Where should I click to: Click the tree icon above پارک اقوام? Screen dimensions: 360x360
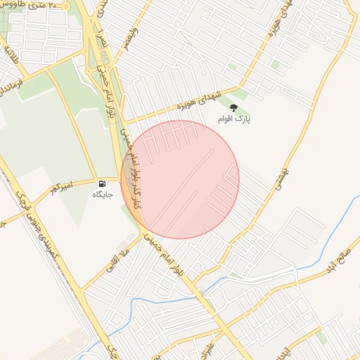(x=233, y=107)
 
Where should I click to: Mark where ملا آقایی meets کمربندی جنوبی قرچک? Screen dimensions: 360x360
(x=81, y=288)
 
